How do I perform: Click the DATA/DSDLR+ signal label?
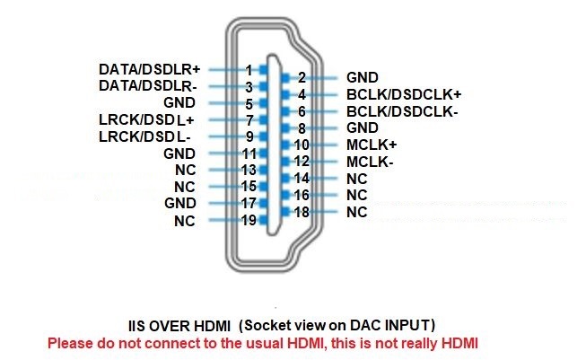150,69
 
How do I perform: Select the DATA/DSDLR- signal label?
147,86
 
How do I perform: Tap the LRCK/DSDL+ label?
146,120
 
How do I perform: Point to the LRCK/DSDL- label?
144,136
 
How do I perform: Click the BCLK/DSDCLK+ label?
404,94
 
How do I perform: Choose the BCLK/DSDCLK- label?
402,111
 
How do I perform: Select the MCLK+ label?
372,145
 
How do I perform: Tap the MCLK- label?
370,162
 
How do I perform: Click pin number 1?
249,70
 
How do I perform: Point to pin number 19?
249,220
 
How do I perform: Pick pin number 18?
302,212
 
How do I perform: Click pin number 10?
302,145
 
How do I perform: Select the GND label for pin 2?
363,77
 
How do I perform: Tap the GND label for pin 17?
180,203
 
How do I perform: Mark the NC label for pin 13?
186,170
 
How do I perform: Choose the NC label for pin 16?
357,195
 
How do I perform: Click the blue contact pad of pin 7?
264,119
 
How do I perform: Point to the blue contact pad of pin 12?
285,162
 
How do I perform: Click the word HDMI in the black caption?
213,326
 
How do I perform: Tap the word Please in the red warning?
71,343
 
